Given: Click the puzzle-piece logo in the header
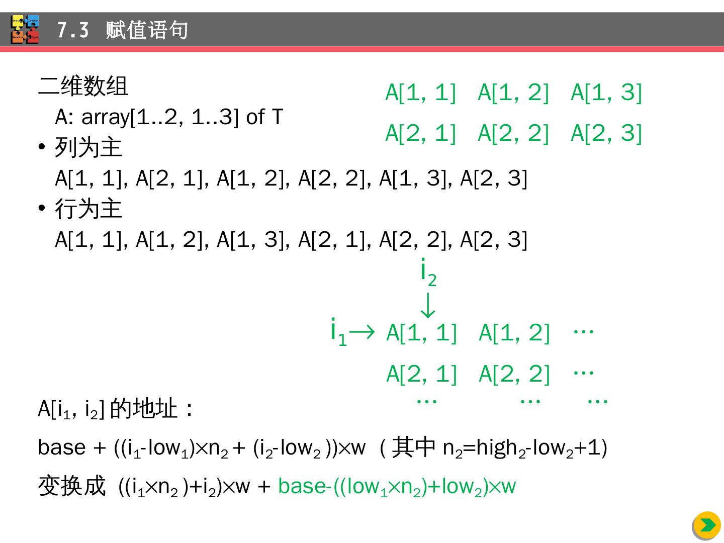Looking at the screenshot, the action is (x=25, y=30).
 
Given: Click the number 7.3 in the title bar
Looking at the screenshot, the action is (x=73, y=31).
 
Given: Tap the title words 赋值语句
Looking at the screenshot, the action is (x=147, y=31).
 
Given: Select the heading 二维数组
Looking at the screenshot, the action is (x=83, y=86).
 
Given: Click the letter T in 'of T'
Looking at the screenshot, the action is (x=278, y=117).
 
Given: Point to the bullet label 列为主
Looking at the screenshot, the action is (x=88, y=148).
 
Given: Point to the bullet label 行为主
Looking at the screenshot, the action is (x=88, y=209).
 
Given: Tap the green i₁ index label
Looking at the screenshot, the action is (x=338, y=331).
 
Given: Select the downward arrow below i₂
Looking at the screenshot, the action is (x=427, y=305).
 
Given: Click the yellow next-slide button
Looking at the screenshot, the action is (x=707, y=525).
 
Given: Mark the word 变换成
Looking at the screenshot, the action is (x=72, y=486).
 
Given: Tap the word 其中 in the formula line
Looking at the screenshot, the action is (x=413, y=447).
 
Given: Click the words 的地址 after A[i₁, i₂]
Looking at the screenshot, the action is (x=143, y=409).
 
